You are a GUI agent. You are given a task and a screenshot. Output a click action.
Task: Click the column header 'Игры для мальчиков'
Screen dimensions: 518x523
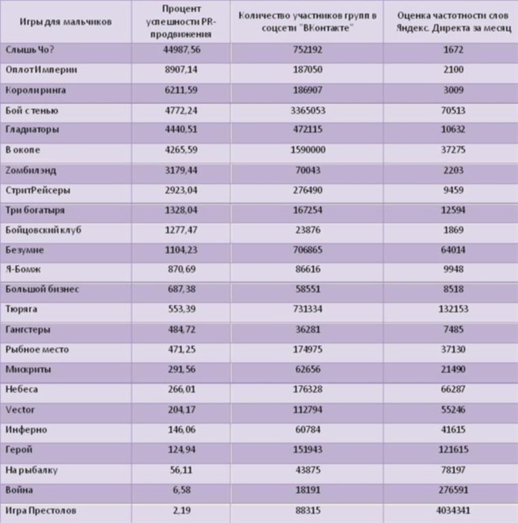point(65,22)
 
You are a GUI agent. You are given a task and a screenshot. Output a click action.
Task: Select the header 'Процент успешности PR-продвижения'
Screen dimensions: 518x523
point(181,22)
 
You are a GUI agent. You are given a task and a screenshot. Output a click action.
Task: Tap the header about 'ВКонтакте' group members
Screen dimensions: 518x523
point(307,22)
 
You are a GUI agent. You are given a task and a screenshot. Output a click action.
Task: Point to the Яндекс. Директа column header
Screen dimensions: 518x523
point(453,22)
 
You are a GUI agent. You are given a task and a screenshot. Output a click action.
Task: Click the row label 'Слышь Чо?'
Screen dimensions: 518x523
point(30,50)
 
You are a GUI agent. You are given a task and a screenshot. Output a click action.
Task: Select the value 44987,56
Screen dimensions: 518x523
point(182,50)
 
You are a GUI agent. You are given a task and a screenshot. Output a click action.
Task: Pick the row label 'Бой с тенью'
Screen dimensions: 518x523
point(32,110)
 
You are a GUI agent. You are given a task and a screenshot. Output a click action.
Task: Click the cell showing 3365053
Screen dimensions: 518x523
point(307,110)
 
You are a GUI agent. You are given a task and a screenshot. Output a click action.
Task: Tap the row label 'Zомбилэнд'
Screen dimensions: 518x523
point(31,170)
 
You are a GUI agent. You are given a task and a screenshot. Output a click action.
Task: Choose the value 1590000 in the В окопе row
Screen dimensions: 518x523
point(307,150)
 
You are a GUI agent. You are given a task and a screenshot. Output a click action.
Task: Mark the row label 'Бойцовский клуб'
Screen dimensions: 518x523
point(44,230)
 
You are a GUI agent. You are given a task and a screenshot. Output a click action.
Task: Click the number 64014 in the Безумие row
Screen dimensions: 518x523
point(453,250)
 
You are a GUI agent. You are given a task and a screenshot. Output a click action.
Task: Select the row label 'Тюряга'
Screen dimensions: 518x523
point(21,309)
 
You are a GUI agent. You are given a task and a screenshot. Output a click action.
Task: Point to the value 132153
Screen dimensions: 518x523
point(453,309)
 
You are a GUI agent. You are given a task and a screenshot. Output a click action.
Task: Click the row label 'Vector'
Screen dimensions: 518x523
point(20,409)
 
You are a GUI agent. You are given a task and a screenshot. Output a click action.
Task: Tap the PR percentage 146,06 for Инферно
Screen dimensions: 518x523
point(182,430)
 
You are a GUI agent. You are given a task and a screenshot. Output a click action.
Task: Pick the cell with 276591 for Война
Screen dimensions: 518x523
point(453,490)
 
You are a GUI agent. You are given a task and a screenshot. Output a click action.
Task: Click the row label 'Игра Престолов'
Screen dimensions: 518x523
point(41,510)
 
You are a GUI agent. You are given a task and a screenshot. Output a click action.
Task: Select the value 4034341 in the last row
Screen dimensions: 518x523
point(453,510)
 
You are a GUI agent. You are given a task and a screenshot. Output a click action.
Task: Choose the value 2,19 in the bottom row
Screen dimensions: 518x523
point(182,510)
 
